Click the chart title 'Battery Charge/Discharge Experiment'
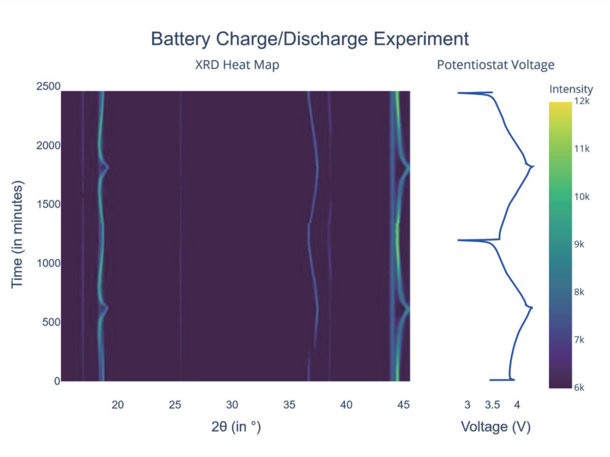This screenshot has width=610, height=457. pyautogui.click(x=310, y=39)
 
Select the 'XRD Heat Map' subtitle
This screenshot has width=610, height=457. pyautogui.click(x=237, y=65)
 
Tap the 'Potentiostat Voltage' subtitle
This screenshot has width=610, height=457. pyautogui.click(x=495, y=65)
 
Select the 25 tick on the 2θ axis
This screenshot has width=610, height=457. pyautogui.click(x=175, y=404)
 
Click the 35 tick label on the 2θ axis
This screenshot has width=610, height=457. pyautogui.click(x=289, y=404)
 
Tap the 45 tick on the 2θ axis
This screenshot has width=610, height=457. pyautogui.click(x=403, y=404)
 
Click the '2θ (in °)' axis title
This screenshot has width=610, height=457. pyautogui.click(x=236, y=427)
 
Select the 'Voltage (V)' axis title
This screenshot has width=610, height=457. pyautogui.click(x=495, y=427)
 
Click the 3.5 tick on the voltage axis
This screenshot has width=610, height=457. pyautogui.click(x=492, y=404)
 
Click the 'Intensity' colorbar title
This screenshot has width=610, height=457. pyautogui.click(x=571, y=89)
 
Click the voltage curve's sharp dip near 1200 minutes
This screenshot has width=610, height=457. pyautogui.click(x=459, y=240)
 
